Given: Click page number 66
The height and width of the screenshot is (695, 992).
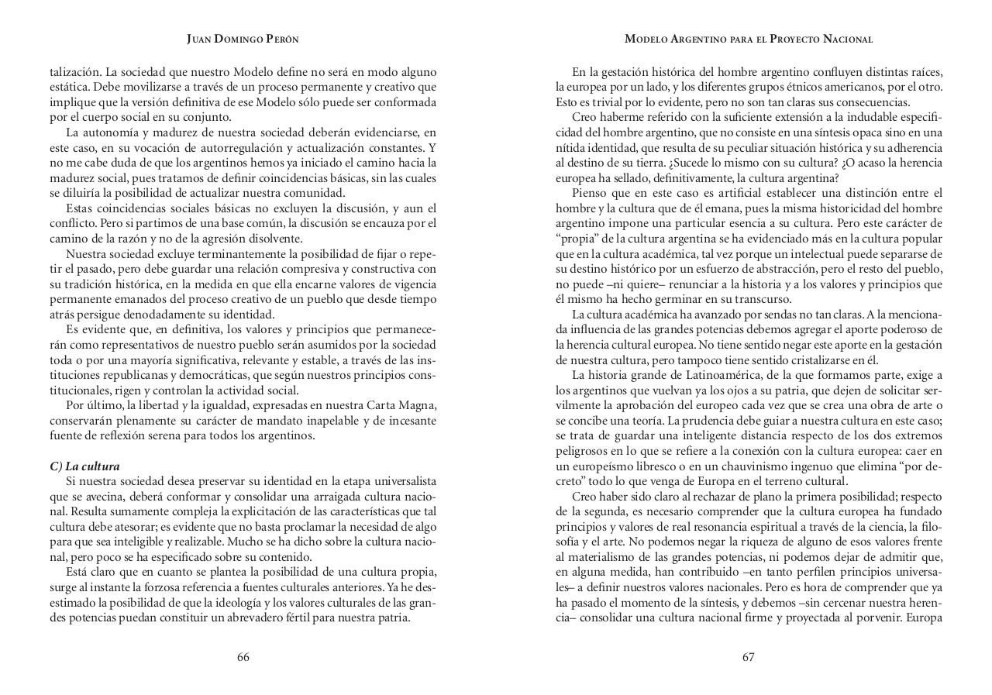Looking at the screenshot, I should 243,657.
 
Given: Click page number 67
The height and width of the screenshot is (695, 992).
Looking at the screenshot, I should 748,657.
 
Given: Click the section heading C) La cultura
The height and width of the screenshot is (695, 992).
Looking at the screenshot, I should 84,466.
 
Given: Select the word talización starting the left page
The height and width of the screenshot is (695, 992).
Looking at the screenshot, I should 75,72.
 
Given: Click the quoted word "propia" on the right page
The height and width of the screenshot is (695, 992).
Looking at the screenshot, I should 575,239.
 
